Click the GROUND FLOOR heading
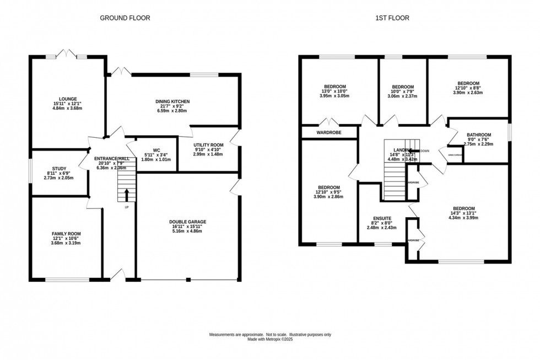pyautogui.click(x=125, y=18)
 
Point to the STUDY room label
pyautogui.click(x=59, y=169)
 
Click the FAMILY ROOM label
pyautogui.click(x=66, y=234)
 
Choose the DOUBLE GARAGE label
pyautogui.click(x=188, y=222)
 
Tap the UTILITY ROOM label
pyautogui.click(x=208, y=145)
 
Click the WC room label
pyautogui.click(x=156, y=150)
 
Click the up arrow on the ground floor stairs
pyautogui.click(x=127, y=195)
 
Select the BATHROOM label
pyautogui.click(x=478, y=135)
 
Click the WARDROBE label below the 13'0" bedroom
pyautogui.click(x=329, y=133)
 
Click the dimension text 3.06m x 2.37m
pyautogui.click(x=403, y=96)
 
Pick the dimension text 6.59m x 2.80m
pyautogui.click(x=172, y=111)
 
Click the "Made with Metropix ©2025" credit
pyautogui.click(x=269, y=339)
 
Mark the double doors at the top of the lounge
pyautogui.click(x=67, y=54)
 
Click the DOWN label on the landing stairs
pyautogui.click(x=424, y=151)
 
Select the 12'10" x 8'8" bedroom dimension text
pyautogui.click(x=468, y=88)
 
